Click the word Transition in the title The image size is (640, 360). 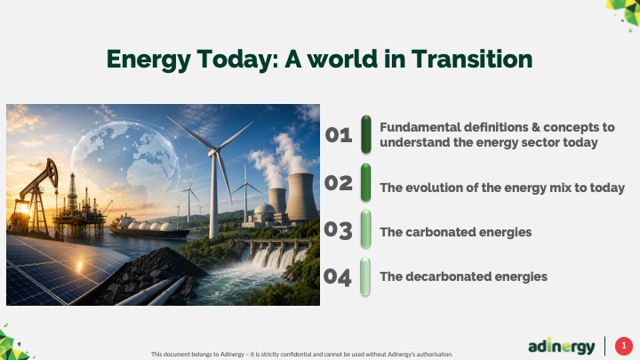pos(471,60)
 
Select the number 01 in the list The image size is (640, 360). pos(339,135)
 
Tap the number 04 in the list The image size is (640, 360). pos(337,277)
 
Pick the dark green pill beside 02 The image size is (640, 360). pos(365,182)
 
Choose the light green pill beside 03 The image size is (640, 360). pos(365,229)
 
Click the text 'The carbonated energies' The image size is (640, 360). pos(455,232)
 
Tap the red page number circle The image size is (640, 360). pos(624,346)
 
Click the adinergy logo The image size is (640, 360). pos(561,346)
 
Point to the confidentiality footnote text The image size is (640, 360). pos(301,355)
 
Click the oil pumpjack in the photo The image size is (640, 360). pos(35,196)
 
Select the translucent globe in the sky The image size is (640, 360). pos(124,164)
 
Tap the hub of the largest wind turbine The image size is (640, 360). pos(212,153)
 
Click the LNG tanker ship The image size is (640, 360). pos(149,228)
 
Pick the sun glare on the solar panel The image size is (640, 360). pos(79,266)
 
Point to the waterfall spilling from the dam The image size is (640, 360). pos(273,257)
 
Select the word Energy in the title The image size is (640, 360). pos(148,60)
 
